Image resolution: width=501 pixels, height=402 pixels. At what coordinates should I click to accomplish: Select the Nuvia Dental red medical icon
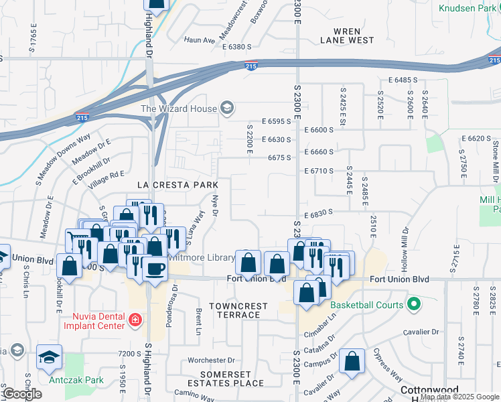click(135, 320)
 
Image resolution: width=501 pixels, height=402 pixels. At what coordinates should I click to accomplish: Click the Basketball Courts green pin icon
click(413, 305)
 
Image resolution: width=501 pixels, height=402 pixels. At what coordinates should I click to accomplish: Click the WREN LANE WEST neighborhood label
click(347, 36)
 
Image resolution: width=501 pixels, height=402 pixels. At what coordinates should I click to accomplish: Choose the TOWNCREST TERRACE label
click(238, 310)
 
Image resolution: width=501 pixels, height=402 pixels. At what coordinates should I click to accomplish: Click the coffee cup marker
click(155, 269)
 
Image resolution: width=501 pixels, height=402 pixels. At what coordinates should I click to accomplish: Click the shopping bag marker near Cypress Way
click(352, 362)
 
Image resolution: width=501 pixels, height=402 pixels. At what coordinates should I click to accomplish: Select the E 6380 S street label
click(236, 47)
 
